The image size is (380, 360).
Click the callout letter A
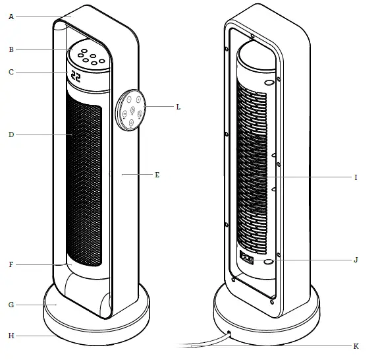point(11,17)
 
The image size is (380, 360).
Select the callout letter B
point(11,49)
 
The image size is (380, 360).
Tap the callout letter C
point(11,72)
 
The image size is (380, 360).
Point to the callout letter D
point(11,135)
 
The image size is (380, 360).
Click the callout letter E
point(157,175)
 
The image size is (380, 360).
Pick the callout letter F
point(11,264)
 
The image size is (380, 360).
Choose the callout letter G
point(11,305)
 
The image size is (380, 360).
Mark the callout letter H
point(11,336)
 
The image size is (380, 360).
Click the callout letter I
point(356,177)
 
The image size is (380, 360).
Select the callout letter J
point(356,260)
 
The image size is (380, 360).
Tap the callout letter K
point(356,345)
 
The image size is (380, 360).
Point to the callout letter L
point(178,106)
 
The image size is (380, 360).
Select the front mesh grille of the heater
point(84,185)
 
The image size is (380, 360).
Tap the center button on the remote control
point(132,109)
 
